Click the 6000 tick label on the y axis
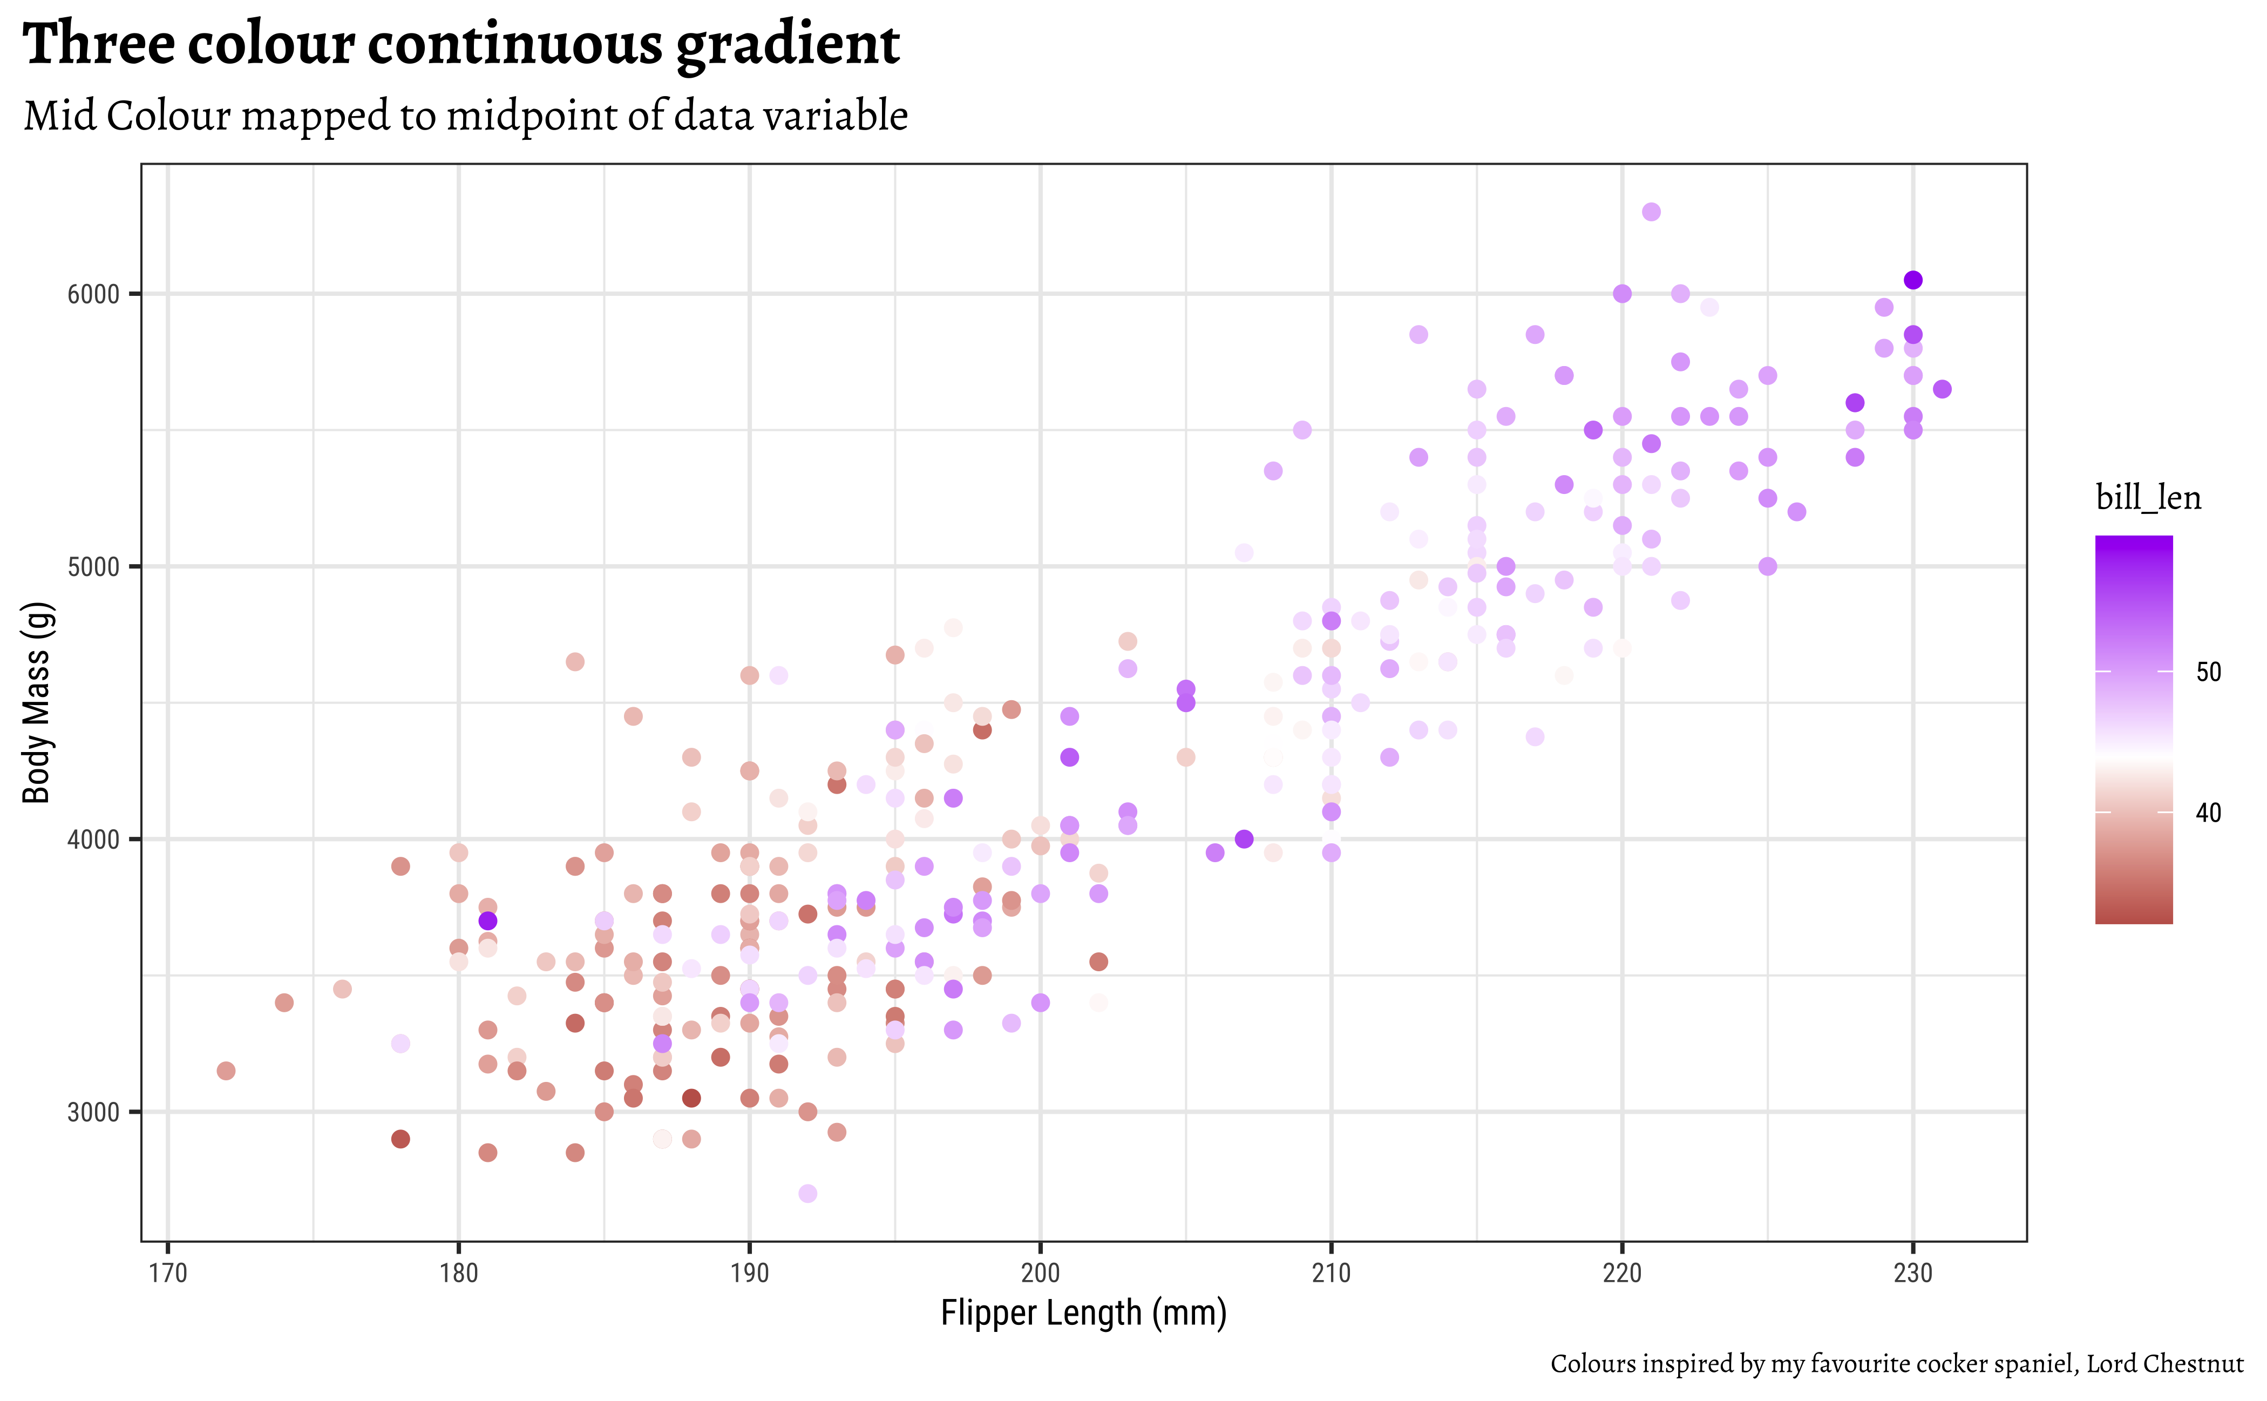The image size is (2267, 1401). click(93, 295)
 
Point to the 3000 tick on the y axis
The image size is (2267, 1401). click(93, 1112)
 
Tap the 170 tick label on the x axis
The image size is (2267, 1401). click(168, 1273)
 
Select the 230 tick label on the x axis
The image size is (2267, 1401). click(1912, 1273)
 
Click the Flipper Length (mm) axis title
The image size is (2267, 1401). click(1083, 1313)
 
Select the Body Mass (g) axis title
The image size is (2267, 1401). click(37, 702)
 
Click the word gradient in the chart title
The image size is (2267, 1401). click(788, 44)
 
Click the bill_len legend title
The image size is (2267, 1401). click(2148, 498)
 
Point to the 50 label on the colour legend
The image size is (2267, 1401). click(2209, 672)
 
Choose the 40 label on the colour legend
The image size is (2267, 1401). click(2209, 813)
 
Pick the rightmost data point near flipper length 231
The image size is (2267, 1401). click(1942, 389)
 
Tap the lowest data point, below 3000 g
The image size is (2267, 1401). click(808, 1194)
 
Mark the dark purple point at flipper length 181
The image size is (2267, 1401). click(488, 921)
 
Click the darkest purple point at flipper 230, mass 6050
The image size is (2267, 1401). click(1912, 280)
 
